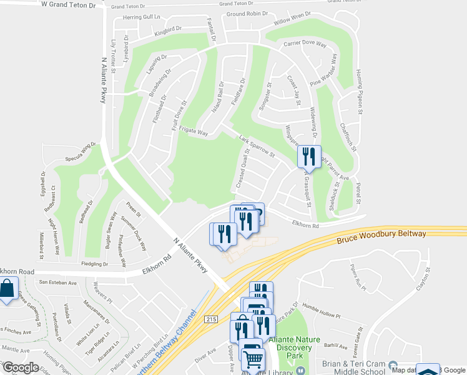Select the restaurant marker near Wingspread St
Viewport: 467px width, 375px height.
[309, 157]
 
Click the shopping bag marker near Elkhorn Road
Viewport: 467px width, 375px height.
[7, 289]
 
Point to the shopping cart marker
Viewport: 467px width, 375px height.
[253, 359]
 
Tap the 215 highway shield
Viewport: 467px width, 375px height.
[211, 319]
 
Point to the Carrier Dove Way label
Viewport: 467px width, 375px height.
[306, 45]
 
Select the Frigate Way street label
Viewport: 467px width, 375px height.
[194, 132]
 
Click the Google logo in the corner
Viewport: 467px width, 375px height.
[21, 367]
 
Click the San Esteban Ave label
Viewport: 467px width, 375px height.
[57, 282]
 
